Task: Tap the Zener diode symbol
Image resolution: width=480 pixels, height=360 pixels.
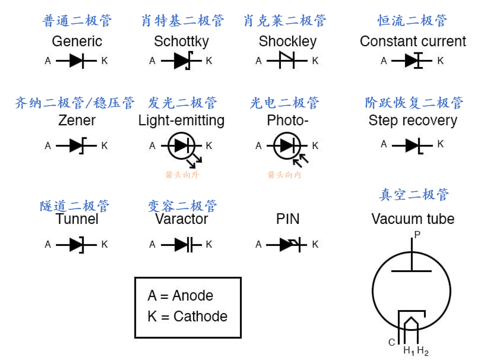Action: [77, 146]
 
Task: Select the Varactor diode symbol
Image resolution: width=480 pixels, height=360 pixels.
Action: [182, 244]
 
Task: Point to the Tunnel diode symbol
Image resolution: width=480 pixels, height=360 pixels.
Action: [77, 244]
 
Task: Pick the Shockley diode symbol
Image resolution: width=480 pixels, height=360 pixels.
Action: [287, 61]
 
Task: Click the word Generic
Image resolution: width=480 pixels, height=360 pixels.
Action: [77, 41]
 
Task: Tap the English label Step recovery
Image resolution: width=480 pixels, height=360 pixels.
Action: [413, 120]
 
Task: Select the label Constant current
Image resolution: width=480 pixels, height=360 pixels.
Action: [413, 41]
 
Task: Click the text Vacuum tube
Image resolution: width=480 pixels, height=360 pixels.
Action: [413, 219]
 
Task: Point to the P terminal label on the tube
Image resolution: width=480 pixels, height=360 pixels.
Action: [417, 234]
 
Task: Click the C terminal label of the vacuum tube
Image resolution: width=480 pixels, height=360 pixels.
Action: [392, 342]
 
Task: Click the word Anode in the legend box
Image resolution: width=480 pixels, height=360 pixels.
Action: [192, 295]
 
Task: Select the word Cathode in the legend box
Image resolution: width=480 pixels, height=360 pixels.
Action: [200, 316]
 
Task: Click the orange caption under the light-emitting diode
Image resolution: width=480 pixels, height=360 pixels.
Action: [182, 175]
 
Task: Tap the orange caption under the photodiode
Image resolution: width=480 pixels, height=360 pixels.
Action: [284, 175]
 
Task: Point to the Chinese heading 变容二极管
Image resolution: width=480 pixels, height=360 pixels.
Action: [182, 206]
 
